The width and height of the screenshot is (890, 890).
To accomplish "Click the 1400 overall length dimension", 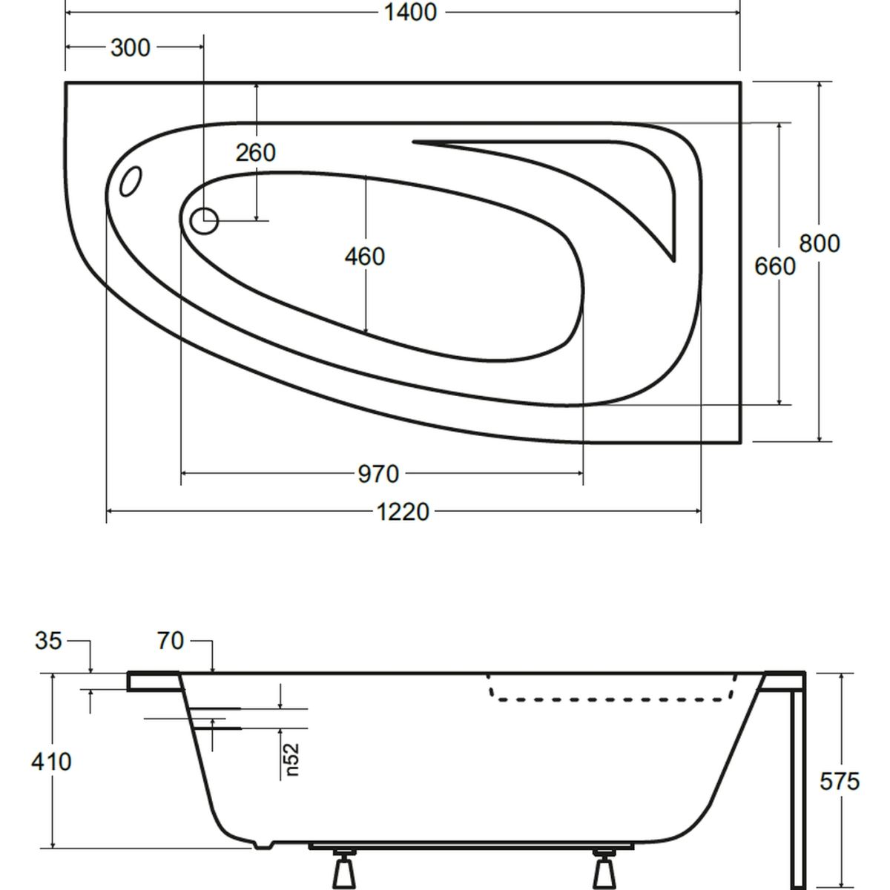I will point(409,13).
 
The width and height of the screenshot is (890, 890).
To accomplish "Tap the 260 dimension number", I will point(256,152).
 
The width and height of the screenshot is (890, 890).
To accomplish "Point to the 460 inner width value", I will point(365,257).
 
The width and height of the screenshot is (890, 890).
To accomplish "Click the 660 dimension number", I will point(775,266).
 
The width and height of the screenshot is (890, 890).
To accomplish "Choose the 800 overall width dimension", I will point(820,243).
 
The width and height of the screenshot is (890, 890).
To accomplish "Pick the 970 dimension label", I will point(378,473).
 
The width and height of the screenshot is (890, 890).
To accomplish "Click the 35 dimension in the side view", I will point(48,641).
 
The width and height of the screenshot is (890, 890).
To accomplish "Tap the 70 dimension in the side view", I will point(171,641).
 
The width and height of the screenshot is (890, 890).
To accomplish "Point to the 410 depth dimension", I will point(51,761).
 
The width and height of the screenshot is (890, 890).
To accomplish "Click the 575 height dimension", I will point(840,780).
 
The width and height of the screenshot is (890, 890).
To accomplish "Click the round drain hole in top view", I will point(204,220).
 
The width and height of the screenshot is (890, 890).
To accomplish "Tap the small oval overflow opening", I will point(131,182).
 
